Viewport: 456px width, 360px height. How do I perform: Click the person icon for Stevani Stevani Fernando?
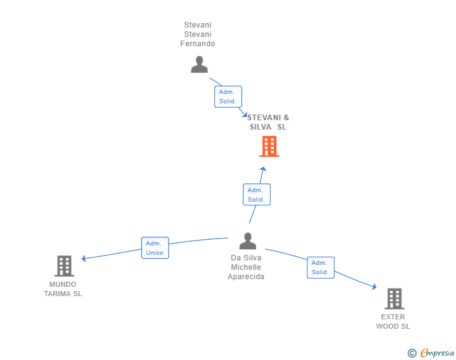199,64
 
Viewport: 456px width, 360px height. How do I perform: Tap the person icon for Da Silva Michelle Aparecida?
247,241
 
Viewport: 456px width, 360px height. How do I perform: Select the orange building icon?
269,147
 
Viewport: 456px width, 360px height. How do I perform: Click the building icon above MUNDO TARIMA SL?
65,266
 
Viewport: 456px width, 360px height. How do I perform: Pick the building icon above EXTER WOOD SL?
395,299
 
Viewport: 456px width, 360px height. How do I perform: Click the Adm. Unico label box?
155,248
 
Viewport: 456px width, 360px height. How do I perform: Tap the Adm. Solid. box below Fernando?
228,96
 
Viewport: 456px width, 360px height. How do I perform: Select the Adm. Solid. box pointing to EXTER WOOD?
321,267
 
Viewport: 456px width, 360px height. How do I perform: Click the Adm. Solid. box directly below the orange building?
257,195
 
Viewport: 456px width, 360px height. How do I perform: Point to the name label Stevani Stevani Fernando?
197,34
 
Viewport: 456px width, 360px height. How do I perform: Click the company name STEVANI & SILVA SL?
268,123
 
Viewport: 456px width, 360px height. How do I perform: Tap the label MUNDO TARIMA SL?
63,289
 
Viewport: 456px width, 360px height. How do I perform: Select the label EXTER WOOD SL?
393,322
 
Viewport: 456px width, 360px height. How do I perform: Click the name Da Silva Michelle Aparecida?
246,267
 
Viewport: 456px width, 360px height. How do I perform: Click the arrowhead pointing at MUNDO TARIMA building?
83,258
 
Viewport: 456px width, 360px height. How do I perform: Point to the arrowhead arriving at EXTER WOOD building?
375,287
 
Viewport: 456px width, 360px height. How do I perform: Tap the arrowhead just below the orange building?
263,169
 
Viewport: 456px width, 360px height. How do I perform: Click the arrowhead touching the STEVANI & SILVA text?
245,115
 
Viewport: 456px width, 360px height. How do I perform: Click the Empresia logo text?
437,352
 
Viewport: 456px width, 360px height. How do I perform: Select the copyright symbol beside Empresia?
412,353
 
